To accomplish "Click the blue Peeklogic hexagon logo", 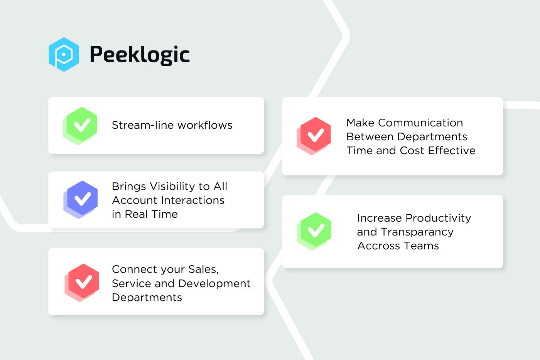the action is coord(64,54).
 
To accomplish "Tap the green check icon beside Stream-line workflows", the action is coord(80,126).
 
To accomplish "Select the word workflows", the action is coord(205,125).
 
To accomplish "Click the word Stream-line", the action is coord(143,125).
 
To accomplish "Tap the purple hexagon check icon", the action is coord(81,200).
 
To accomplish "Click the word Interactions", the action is coord(192,200).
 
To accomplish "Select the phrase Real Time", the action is coord(151,214).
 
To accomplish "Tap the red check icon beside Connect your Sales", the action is coord(82,283).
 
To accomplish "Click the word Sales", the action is coord(204,269).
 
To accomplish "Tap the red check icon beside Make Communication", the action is coord(314,136).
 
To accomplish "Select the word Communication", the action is coord(420,123).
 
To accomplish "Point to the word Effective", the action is coord(452,150).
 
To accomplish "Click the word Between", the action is coord(370,136).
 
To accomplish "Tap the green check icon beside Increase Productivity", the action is coord(314,232).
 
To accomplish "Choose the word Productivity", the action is coord(438,218).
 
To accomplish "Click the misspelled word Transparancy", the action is coord(417,232).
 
